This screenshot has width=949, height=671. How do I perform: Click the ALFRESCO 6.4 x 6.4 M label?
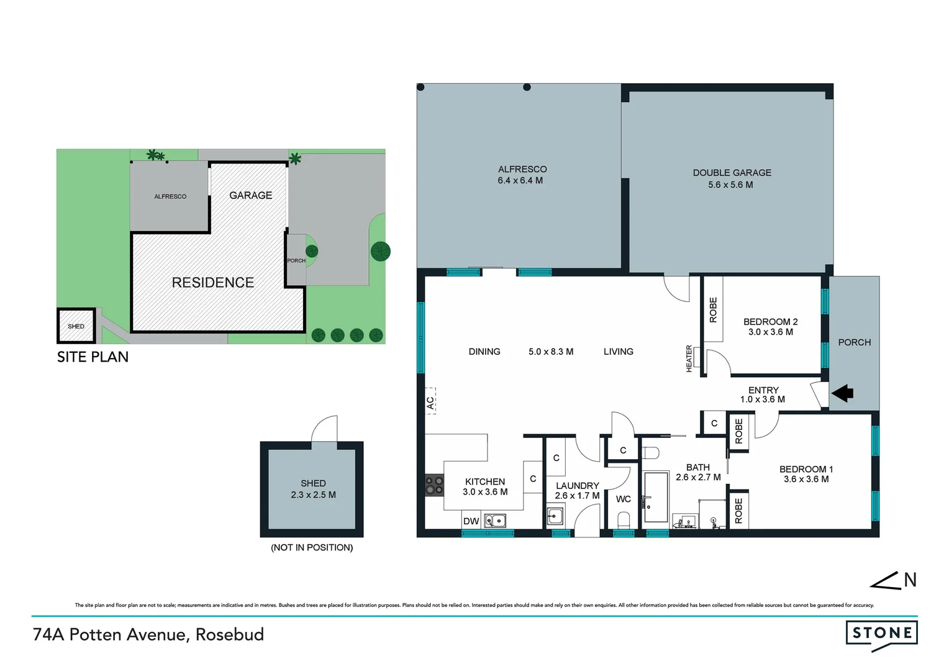pos(522,175)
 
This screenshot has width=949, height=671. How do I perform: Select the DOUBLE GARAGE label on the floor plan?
pos(732,173)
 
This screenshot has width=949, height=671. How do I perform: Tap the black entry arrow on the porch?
pos(843,393)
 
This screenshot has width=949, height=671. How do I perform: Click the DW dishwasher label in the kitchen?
pos(471,521)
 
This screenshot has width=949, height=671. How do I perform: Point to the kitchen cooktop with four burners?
pos(434,485)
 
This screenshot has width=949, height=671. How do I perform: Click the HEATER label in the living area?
pos(689,358)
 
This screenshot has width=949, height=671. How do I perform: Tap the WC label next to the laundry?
pos(623,499)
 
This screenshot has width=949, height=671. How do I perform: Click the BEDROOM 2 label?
pos(770,322)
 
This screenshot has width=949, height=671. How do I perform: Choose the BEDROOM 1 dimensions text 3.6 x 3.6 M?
pos(806,479)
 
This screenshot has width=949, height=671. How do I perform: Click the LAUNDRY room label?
pos(577,486)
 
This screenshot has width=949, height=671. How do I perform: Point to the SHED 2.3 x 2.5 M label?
pos(313,489)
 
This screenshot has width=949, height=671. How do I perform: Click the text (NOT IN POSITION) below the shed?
pos(312,547)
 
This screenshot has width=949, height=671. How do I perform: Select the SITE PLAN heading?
pos(93,357)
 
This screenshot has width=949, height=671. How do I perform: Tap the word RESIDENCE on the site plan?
pos(212,283)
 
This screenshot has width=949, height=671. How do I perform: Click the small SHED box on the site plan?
pos(76,326)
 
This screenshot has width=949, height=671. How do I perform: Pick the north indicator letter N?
pos(910,580)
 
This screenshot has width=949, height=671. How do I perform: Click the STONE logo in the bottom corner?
pos(881,634)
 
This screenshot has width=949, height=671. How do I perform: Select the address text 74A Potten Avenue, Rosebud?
pos(148,634)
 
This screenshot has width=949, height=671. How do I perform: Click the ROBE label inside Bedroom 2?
pos(713,309)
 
